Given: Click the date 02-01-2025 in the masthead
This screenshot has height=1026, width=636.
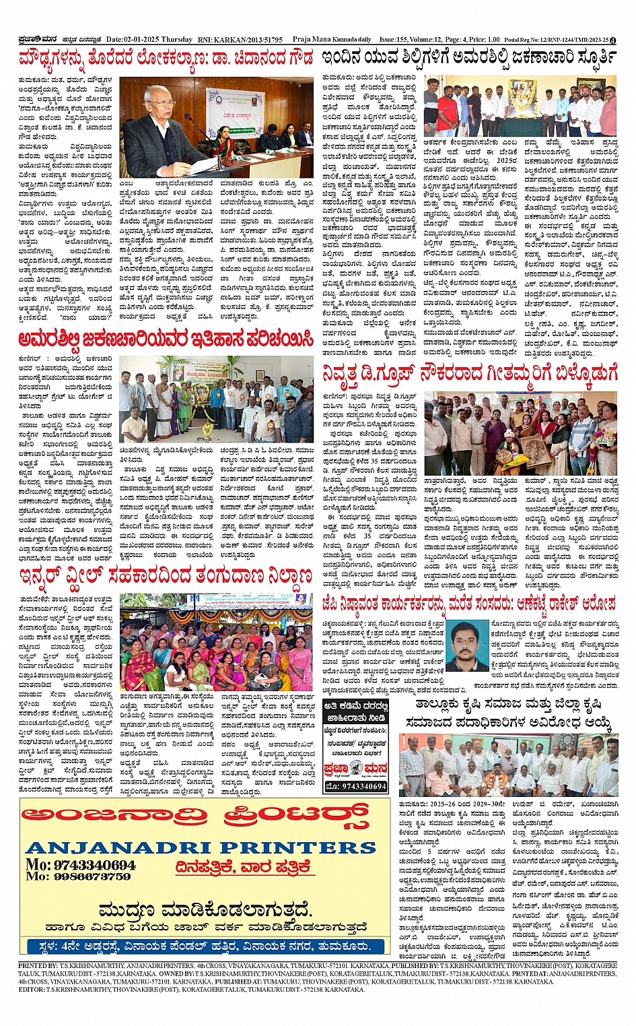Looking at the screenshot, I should [x=146, y=40].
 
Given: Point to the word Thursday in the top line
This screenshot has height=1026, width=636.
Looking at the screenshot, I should [x=178, y=40].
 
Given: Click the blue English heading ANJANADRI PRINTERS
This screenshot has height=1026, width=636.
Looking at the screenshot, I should [x=201, y=847].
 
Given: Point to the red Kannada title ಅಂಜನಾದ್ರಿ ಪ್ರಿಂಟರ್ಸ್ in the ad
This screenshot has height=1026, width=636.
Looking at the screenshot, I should [x=195, y=816].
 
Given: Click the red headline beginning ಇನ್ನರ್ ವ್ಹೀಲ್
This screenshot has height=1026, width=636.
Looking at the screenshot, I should [x=166, y=577].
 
